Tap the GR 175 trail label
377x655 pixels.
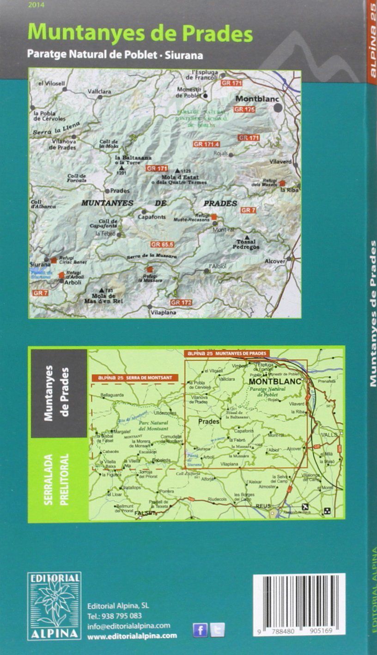pyautogui.click(x=244, y=110)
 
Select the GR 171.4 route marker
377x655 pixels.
pyautogui.click(x=206, y=144)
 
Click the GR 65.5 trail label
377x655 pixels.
pyautogui.click(x=161, y=244)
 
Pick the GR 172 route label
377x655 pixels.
pyautogui.click(x=180, y=303)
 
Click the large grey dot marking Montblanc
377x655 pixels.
pyautogui.click(x=278, y=108)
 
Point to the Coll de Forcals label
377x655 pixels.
pyautogui.click(x=77, y=178)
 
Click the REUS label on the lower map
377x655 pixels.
pyautogui.click(x=263, y=506)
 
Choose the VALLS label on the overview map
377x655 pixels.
pyautogui.click(x=329, y=435)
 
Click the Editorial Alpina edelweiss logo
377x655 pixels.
pyautogui.click(x=54, y=606)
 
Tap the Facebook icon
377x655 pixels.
pyautogui.click(x=200, y=630)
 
